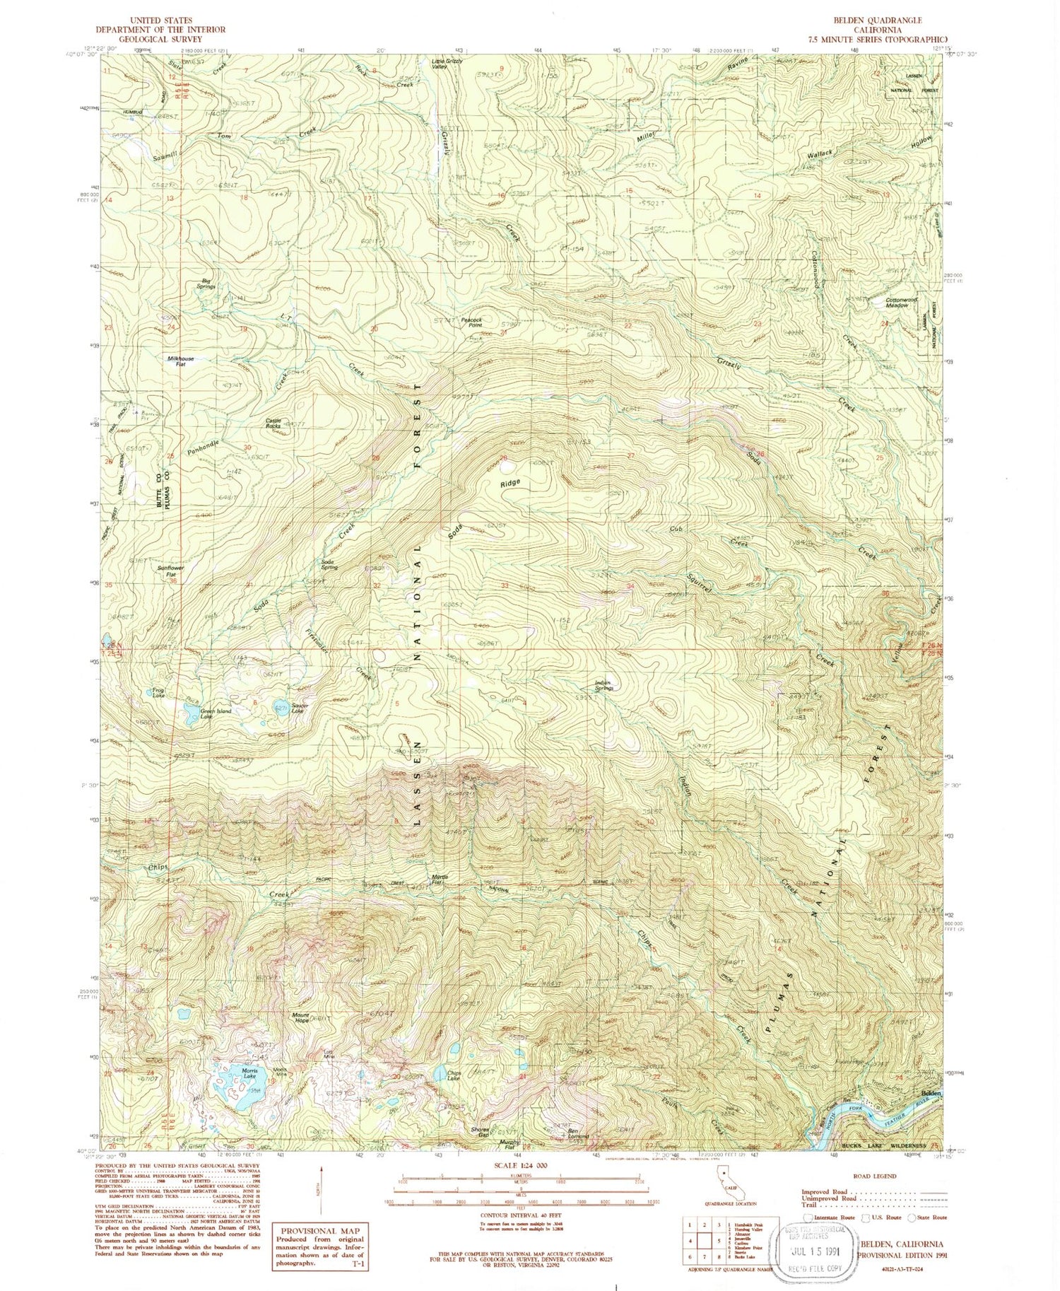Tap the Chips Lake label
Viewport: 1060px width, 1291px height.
pos(454,1075)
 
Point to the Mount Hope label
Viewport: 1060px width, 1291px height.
pos(302,1018)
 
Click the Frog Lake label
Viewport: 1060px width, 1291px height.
pos(158,692)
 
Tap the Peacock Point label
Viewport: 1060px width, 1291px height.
pos(471,322)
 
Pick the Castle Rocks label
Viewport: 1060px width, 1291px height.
pos(273,423)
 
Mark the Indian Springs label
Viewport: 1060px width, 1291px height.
pos(603,685)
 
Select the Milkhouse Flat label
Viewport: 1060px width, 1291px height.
pos(180,361)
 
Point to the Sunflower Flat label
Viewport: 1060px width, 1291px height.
pos(170,571)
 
